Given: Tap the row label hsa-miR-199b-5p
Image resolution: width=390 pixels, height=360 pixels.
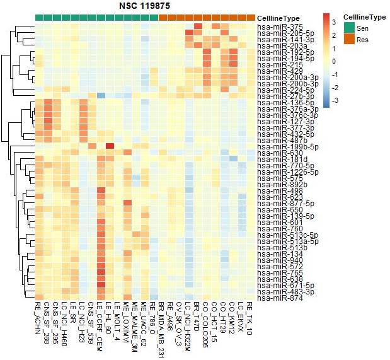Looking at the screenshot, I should (x=283, y=146).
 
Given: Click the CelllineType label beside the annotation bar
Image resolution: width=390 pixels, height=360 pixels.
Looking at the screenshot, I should (x=278, y=18).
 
